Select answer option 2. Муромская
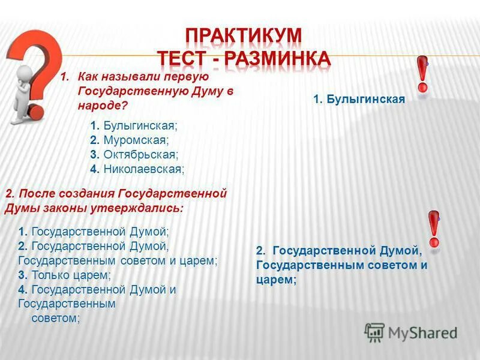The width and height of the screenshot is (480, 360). click(130, 140)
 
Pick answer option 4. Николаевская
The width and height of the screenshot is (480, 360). click(137, 169)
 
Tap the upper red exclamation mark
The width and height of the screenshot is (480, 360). click(422, 75)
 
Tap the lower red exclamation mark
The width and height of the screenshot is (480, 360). click(434, 228)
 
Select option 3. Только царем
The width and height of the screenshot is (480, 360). click(65, 275)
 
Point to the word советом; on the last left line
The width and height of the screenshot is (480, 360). click(55, 318)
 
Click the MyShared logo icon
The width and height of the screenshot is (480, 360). click(374, 332)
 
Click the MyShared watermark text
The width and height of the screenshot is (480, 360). click(422, 332)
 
